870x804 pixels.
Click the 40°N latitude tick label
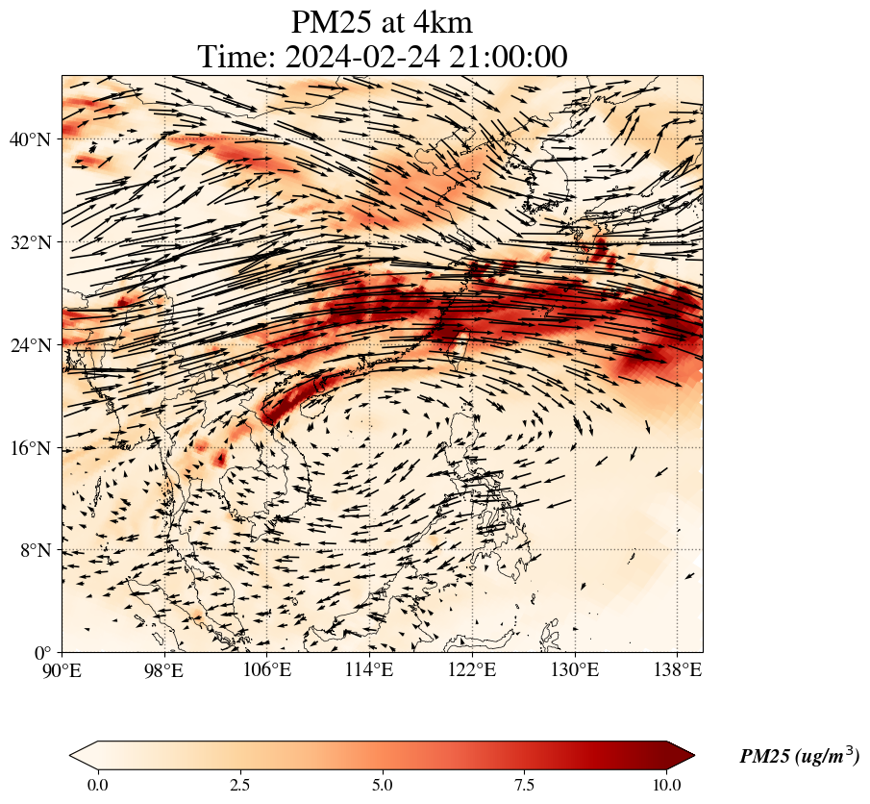36,139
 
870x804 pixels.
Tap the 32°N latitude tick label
36,242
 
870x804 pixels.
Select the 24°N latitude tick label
36,345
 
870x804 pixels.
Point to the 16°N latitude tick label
36,448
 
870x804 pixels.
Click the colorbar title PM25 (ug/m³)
799,757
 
